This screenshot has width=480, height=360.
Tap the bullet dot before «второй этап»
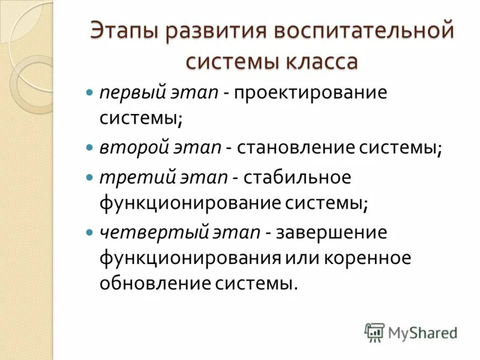(x=90, y=146)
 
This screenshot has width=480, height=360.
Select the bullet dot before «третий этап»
(x=90, y=178)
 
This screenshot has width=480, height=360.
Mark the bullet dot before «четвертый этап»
(x=90, y=231)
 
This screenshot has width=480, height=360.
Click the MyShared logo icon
(x=374, y=332)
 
